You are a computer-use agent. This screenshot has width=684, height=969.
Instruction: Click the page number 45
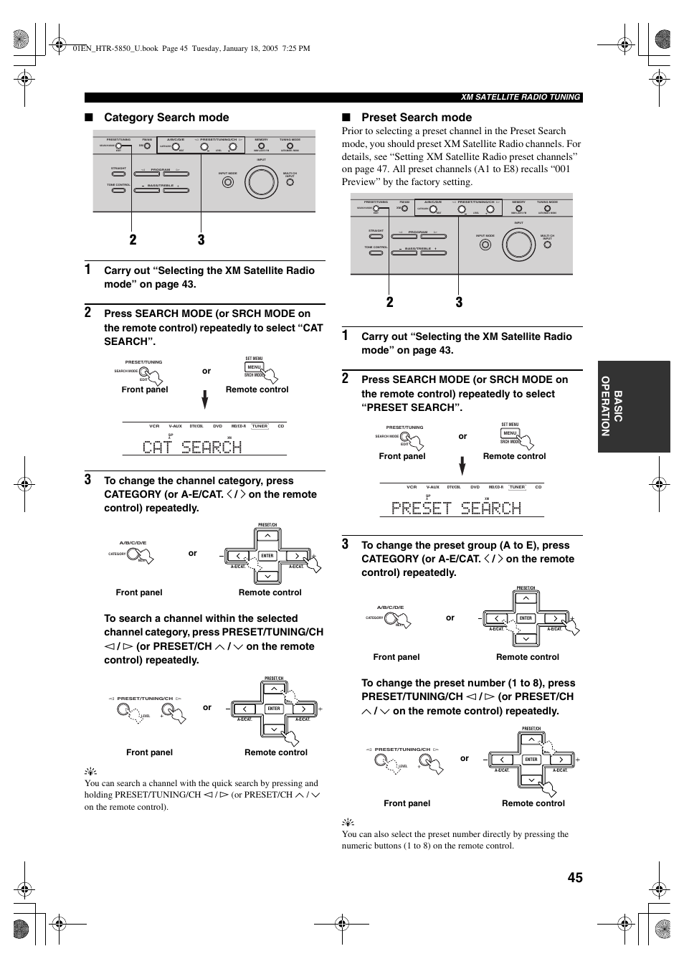[574, 878]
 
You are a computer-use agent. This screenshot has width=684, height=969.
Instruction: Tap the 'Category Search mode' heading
[166, 118]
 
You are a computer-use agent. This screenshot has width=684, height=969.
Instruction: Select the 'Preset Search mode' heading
[417, 118]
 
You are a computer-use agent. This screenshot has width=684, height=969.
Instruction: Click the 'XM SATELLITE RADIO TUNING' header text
[521, 98]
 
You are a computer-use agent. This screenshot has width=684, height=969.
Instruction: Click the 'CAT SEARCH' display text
[192, 447]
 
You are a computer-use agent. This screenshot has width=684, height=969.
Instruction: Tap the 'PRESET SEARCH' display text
[456, 508]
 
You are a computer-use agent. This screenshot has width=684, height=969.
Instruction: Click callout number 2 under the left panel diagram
[133, 240]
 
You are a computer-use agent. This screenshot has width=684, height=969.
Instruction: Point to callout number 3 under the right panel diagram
[459, 302]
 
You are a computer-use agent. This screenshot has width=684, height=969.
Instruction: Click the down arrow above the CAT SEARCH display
[205, 400]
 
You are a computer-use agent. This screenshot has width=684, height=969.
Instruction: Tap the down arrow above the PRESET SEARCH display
[462, 466]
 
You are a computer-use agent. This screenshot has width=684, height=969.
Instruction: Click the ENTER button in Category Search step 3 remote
[267, 556]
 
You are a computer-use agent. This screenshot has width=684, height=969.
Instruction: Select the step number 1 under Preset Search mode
[346, 336]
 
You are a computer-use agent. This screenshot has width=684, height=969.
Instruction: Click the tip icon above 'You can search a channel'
[90, 772]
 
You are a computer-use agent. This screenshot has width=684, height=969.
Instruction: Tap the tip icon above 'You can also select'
[347, 822]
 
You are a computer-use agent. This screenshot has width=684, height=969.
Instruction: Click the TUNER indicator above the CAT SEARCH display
[260, 426]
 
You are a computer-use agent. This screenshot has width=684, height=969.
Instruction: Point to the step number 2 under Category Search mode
[88, 313]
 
